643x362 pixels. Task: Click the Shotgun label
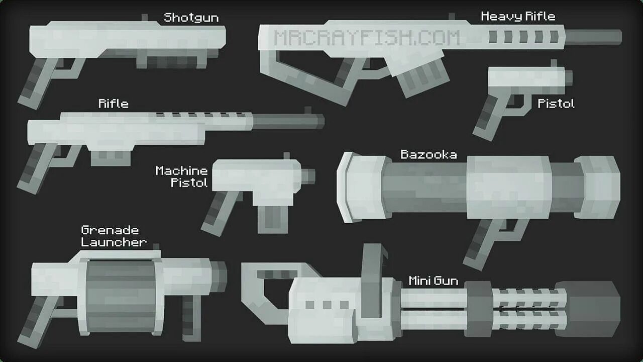[x=191, y=18]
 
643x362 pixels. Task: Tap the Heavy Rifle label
[x=518, y=17]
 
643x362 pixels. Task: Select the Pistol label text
[x=556, y=104]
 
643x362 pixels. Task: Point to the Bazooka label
[x=428, y=154]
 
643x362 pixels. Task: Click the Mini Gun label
[x=433, y=281]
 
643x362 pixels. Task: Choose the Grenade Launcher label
[x=114, y=236]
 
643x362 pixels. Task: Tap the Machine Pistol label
[x=181, y=176]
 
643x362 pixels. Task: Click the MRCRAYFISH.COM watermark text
[x=367, y=38]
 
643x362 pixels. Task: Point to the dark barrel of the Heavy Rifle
[x=593, y=37]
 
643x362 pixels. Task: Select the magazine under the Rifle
[x=111, y=157]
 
